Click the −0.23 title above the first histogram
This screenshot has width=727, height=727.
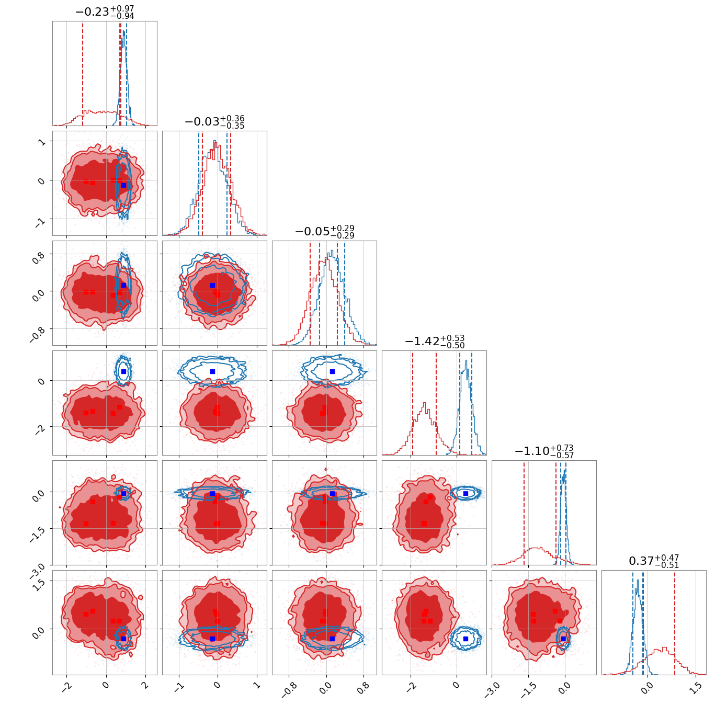[x=92, y=12]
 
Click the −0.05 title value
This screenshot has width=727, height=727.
[x=312, y=232]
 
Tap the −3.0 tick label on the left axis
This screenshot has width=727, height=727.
[x=37, y=569]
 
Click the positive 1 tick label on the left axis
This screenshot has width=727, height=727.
[x=41, y=142]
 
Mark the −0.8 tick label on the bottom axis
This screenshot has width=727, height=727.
[x=289, y=690]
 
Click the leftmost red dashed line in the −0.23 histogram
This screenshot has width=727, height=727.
[x=83, y=74]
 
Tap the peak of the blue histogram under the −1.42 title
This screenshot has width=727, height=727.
[x=467, y=360]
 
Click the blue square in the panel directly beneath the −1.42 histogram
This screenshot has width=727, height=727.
[x=465, y=493]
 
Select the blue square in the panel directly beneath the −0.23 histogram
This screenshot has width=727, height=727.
[x=124, y=185]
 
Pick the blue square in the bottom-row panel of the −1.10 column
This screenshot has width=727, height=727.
[x=563, y=639]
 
